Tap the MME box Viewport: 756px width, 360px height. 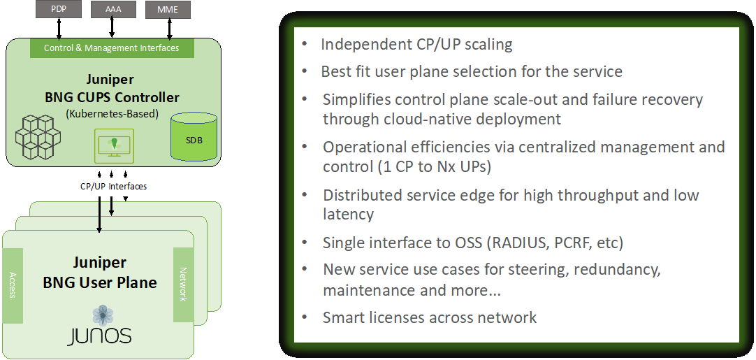tap(168, 9)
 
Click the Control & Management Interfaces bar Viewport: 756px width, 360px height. tap(111, 48)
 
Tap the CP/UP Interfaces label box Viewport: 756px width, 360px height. tap(114, 187)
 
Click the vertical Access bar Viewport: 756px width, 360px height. tap(13, 285)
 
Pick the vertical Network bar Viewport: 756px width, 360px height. tap(183, 285)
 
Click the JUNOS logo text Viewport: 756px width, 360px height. tap(99, 336)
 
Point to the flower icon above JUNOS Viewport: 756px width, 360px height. tap(103, 315)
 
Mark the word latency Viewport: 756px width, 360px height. tap(348, 215)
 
